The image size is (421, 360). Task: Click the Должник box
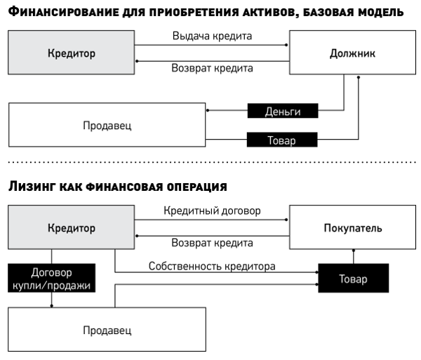pos(352,53)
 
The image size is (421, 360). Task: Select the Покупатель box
pos(352,228)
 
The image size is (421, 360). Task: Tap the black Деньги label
pos(282,111)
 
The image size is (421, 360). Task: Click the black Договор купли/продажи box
pos(52,279)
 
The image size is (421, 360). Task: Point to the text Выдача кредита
pos(212,35)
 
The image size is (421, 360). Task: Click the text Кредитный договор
pos(212,210)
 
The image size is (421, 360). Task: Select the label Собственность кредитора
pos(212,266)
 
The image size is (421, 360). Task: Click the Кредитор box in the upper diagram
pos(71,53)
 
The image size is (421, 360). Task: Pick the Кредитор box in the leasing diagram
pos(71,228)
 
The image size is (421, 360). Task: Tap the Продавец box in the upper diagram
pos(107,126)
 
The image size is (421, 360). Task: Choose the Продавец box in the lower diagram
pos(107,330)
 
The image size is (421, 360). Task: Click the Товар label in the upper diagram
pos(282,140)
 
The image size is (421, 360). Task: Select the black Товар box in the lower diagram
pos(353,279)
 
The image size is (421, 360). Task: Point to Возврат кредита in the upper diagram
pos(212,69)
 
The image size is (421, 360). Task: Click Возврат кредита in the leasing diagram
pos(212,244)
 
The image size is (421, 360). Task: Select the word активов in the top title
pos(281,12)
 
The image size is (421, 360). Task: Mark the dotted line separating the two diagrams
pos(210,162)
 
